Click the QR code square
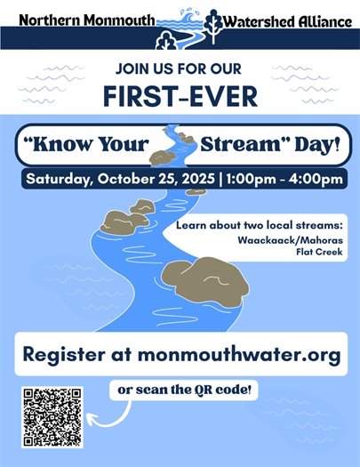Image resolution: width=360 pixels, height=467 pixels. coord(53,416)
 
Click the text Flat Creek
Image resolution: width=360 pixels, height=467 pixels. coord(323,251)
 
